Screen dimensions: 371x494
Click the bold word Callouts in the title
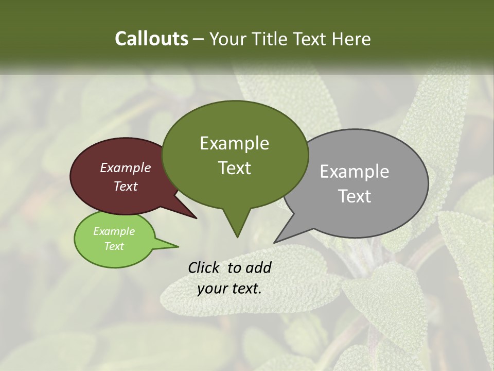click(151, 39)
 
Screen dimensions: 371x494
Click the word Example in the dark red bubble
click(126, 167)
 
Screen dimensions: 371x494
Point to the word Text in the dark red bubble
click(126, 186)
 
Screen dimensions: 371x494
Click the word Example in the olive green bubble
click(234, 143)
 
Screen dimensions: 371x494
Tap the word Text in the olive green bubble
click(234, 168)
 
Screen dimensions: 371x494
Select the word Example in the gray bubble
click(355, 172)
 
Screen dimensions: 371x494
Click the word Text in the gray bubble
click(355, 196)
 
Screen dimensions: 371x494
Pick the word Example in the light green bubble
click(114, 231)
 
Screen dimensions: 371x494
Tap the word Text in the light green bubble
click(114, 246)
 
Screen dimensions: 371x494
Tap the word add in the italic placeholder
click(258, 267)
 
